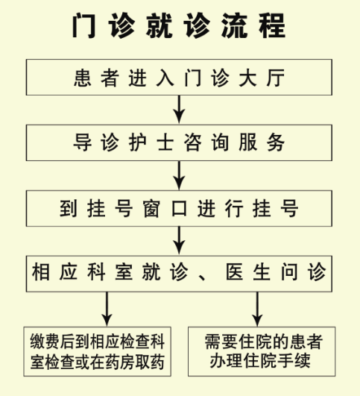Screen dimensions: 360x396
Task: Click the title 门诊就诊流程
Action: tap(179, 25)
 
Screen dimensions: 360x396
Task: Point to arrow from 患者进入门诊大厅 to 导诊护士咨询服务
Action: tap(179, 110)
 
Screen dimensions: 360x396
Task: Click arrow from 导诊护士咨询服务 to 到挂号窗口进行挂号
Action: tap(179, 175)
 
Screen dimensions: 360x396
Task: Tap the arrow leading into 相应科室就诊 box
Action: tap(179, 241)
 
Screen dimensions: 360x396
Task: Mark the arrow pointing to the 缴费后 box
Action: tap(107, 309)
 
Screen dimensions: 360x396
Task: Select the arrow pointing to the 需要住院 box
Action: tap(257, 309)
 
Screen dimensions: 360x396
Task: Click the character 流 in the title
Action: tap(235, 25)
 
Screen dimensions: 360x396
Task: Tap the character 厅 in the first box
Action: tap(276, 78)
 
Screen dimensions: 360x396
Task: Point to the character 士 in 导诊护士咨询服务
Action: tap(165, 142)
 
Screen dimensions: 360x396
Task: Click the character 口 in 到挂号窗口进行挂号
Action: tap(179, 209)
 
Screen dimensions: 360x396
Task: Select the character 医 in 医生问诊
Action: tap(235, 272)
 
